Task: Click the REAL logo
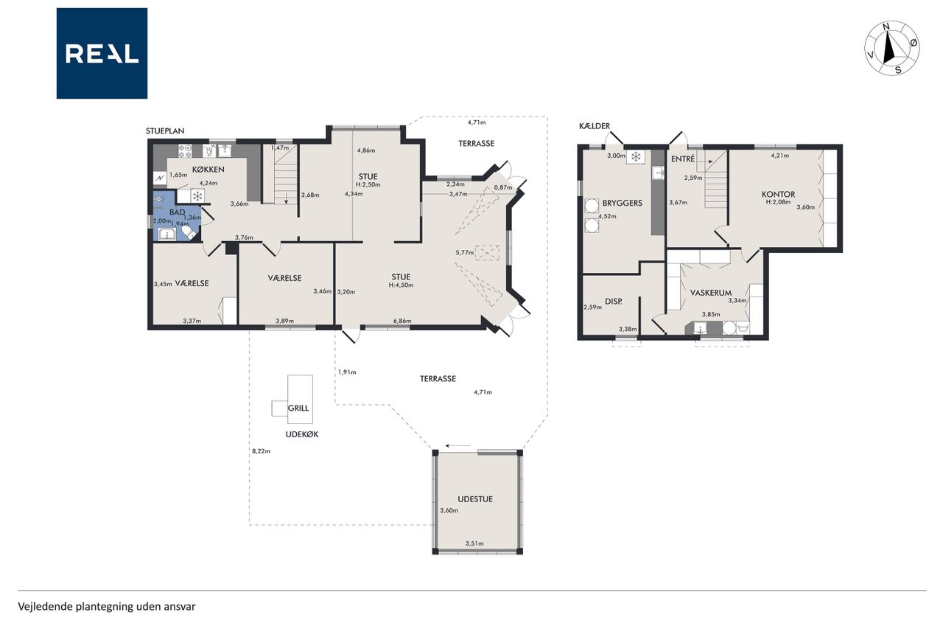coord(102,54)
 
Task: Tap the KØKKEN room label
coord(208,170)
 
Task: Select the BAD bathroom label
coord(178,212)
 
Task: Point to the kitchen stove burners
coord(185,151)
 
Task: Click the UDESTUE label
coord(475,499)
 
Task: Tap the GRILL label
coord(298,408)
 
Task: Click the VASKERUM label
coord(711,293)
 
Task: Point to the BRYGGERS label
coord(623,203)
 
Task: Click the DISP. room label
coord(614,302)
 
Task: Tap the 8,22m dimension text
coord(261,451)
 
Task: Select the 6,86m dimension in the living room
coord(402,321)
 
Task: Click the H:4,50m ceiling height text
coord(401,285)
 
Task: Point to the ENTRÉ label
coord(683,159)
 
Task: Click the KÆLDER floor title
coord(595,126)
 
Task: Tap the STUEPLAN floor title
coord(165,131)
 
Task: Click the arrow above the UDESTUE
coord(458,445)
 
